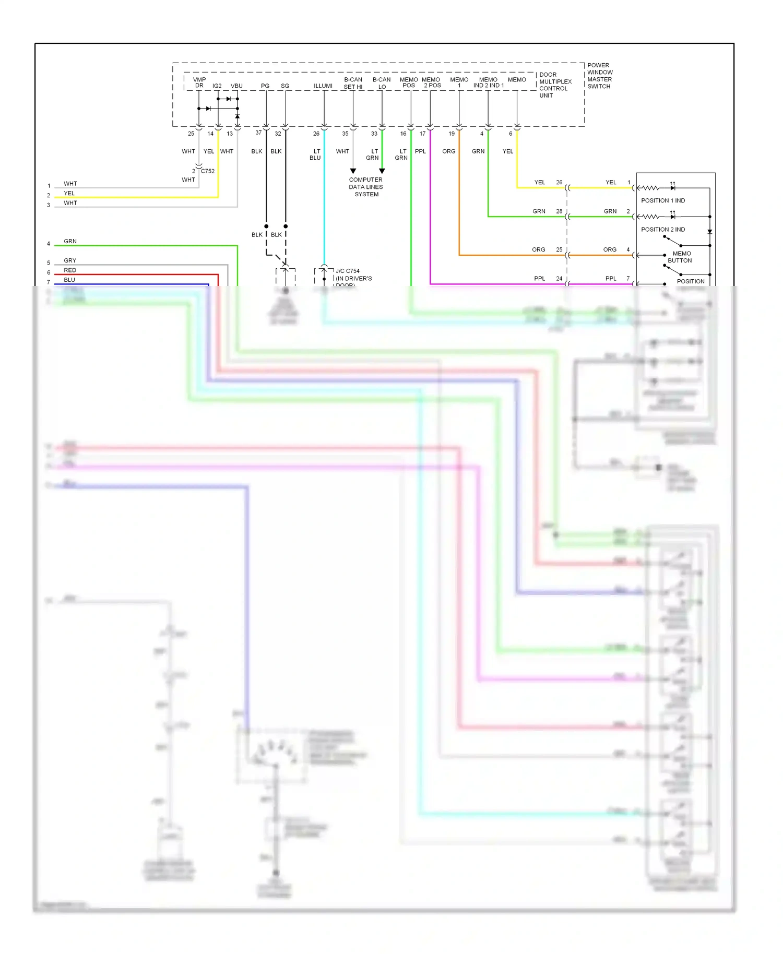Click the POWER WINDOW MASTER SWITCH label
pos(599,76)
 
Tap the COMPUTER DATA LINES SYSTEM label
pos(366,187)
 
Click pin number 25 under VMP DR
pos(191,134)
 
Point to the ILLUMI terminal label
pos(323,86)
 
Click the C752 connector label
pos(208,171)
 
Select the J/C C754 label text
pos(348,271)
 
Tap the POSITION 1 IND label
pos(663,200)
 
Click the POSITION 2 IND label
pos(663,230)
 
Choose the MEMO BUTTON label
pos(680,257)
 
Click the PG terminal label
pos(265,86)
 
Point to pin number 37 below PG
pos(258,133)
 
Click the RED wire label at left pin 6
pos(70,270)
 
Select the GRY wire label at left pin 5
pos(70,260)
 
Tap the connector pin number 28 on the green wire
pos(559,211)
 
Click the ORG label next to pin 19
pos(449,151)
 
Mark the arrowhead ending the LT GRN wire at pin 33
pos(382,171)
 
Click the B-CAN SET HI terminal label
pos(353,83)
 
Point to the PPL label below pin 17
pos(420,151)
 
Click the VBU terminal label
pos(236,86)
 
